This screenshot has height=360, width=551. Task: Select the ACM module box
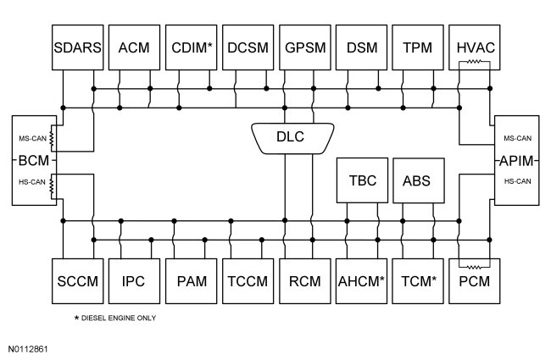(x=134, y=46)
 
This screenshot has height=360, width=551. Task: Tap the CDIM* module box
(x=192, y=46)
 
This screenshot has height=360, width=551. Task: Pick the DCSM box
(x=248, y=46)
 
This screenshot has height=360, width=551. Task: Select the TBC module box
(x=362, y=180)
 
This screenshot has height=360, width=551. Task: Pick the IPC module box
(x=134, y=280)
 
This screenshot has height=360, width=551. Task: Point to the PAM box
(x=192, y=280)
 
